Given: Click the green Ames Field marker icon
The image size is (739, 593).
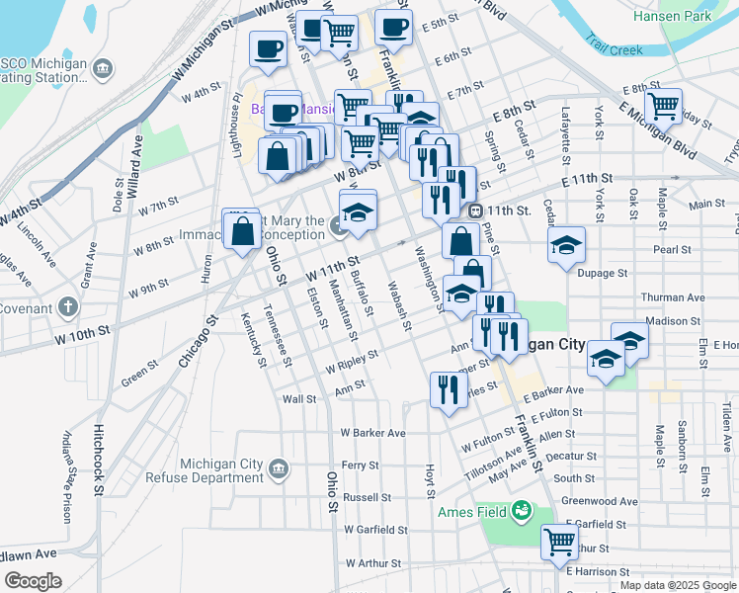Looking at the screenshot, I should [x=521, y=511].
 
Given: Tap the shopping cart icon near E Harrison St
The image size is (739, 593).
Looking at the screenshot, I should [x=560, y=541].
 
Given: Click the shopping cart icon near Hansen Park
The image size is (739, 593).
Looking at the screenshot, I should [x=664, y=104].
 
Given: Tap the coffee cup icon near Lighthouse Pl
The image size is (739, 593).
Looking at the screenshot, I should [x=268, y=47].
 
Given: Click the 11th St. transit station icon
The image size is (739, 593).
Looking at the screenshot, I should [x=476, y=211].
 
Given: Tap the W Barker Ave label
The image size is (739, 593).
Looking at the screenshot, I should [x=372, y=433].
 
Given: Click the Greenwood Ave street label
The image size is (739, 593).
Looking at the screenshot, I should [x=599, y=501].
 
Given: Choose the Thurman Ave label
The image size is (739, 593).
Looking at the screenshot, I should [x=673, y=296].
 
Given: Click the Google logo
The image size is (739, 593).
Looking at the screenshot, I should [x=33, y=581].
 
